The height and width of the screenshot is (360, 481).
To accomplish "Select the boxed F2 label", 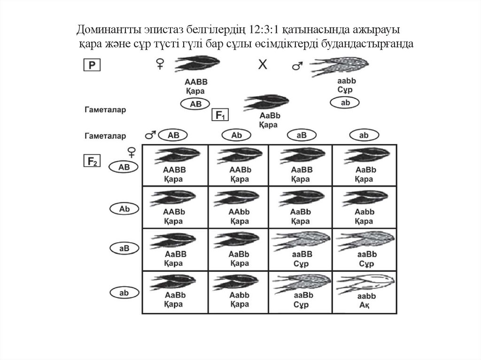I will click(92, 161).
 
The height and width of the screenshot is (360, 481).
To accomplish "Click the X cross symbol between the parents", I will click(263, 65).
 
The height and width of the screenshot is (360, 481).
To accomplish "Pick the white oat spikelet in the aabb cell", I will click(364, 283).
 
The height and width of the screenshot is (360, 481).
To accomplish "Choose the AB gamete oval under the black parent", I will click(196, 104).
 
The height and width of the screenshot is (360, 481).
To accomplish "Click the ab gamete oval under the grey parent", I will click(345, 102).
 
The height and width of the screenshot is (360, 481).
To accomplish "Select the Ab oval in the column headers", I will click(237, 135).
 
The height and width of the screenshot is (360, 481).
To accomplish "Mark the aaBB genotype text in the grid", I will click(302, 254).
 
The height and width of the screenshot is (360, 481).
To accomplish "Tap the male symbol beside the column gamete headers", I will click(150, 136).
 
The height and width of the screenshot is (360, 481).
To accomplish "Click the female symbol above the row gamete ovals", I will click(132, 152).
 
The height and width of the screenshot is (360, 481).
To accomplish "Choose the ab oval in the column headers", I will click(364, 135).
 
